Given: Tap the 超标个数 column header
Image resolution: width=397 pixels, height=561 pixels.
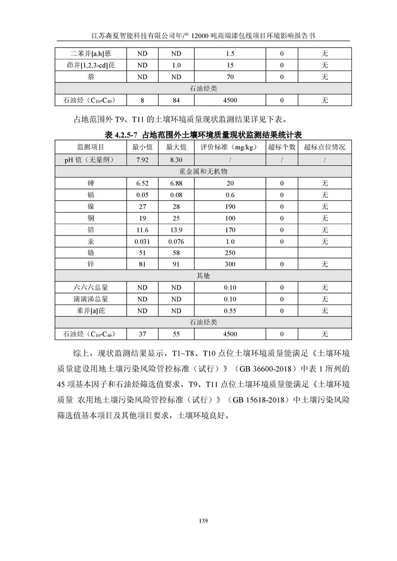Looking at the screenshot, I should pyautogui.click(x=282, y=147).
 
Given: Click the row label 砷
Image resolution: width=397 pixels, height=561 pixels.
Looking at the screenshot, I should pyautogui.click(x=91, y=183).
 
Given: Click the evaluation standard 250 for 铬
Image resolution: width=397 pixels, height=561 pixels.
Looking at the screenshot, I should pyautogui.click(x=230, y=253).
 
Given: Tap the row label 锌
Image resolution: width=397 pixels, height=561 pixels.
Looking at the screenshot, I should pyautogui.click(x=91, y=264).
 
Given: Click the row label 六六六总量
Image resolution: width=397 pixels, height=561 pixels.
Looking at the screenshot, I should pyautogui.click(x=91, y=287).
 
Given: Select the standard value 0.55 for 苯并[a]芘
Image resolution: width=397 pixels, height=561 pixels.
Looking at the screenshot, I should pyautogui.click(x=230, y=310).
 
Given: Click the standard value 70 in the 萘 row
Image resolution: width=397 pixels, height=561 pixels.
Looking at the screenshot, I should pyautogui.click(x=230, y=77).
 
